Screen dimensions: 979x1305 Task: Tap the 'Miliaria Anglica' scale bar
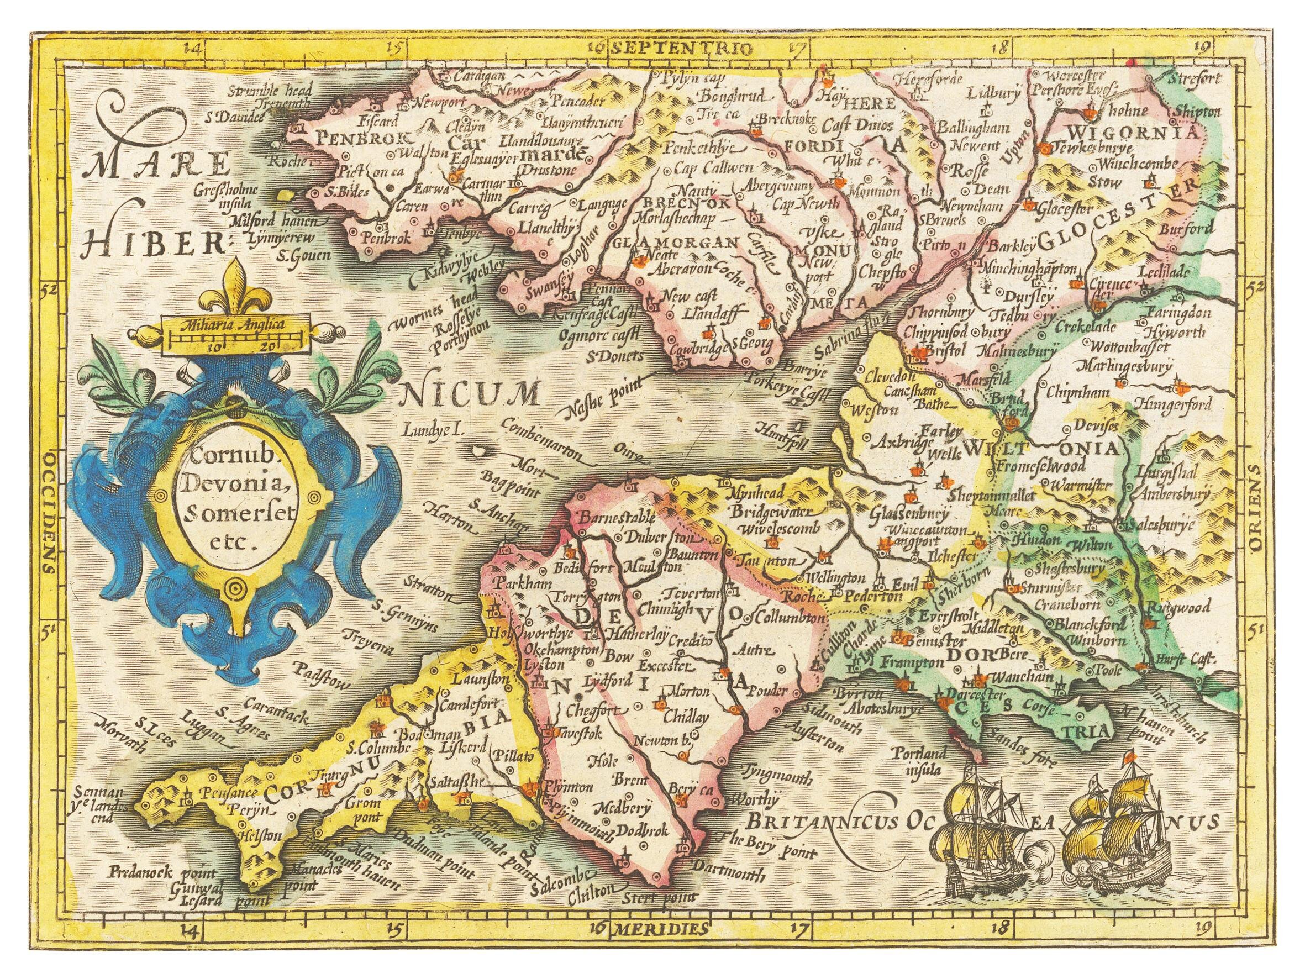point(235,335)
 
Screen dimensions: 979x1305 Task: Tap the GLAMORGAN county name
point(676,243)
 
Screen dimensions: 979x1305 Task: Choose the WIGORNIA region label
point(1134,131)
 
